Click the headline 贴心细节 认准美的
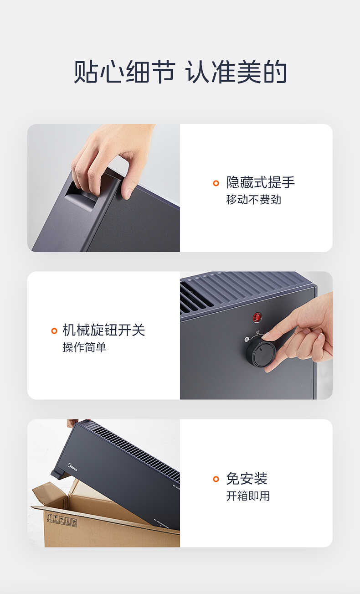180,72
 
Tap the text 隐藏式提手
260,183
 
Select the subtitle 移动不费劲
253,200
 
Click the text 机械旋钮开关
103,330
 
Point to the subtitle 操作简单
84,347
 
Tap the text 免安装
247,479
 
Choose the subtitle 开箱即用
248,496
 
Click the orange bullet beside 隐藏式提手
216,183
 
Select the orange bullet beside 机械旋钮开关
54,331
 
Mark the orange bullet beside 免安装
216,479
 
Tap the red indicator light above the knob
257,316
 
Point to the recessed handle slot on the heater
82,199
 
